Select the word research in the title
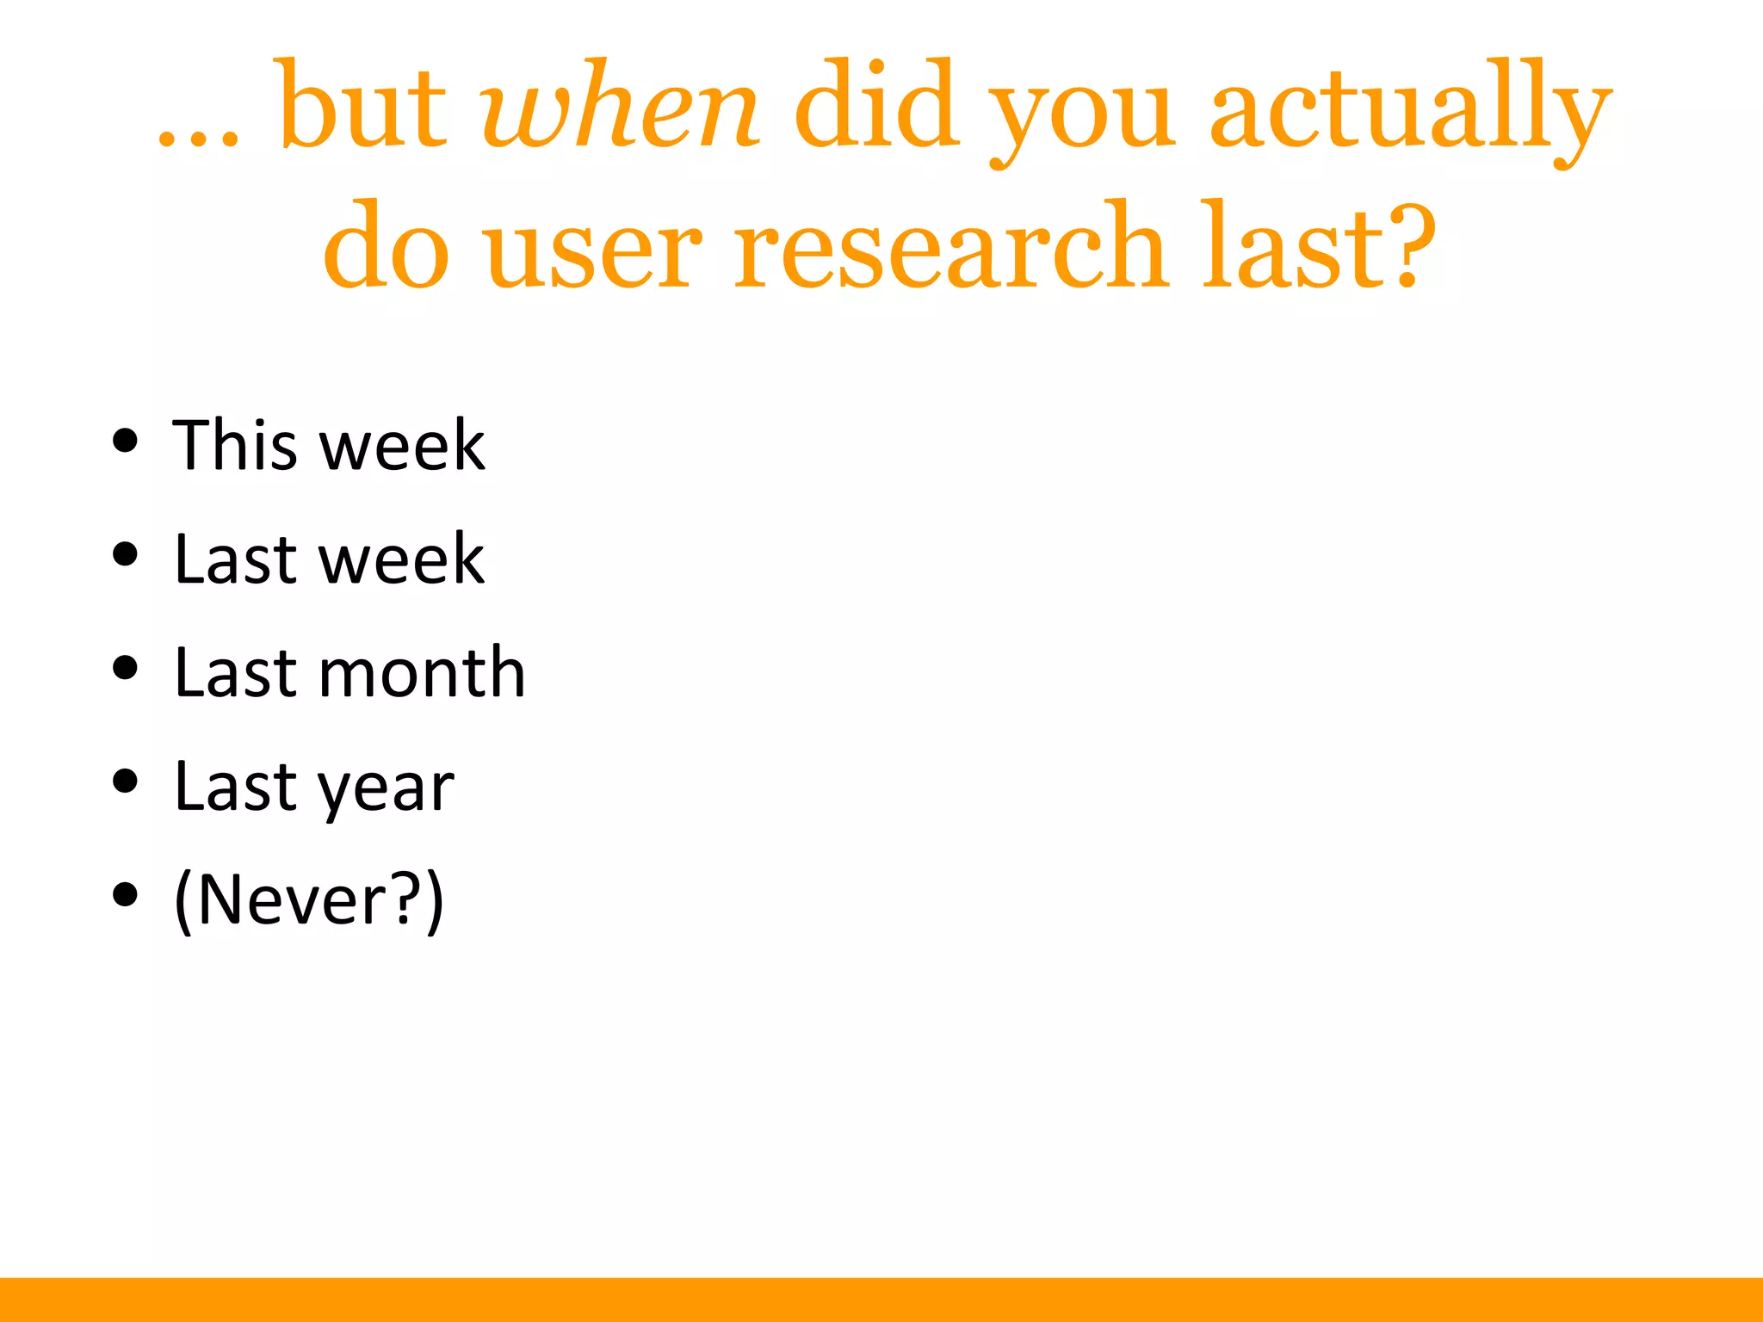[950, 250]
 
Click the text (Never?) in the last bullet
[309, 900]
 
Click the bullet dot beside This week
[126, 441]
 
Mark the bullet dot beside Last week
[126, 554]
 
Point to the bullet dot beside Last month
[126, 668]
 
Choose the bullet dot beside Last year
[126, 781]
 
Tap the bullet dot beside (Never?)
[126, 895]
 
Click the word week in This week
[402, 445]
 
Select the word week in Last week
[402, 559]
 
